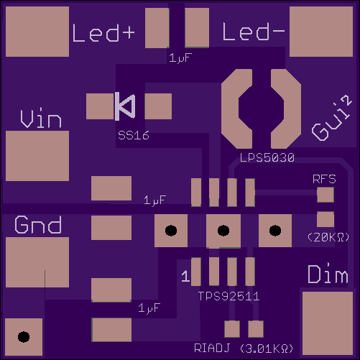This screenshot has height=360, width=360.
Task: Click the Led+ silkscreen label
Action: (x=103, y=33)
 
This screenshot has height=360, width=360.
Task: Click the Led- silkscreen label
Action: (x=254, y=32)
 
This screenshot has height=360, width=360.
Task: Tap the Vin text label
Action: (x=41, y=118)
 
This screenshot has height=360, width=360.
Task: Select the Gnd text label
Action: (x=38, y=224)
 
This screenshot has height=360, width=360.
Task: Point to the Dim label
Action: (x=328, y=274)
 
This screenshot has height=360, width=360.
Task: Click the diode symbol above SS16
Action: (x=125, y=106)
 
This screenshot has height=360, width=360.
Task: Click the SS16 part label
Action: (x=134, y=135)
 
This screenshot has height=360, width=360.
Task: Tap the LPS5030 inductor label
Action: (x=267, y=157)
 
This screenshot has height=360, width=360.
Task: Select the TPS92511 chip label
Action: (x=229, y=296)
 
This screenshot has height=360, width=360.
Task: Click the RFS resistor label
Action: (x=324, y=179)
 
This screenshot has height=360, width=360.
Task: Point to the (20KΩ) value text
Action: (x=328, y=237)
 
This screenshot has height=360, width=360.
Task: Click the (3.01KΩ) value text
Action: (x=267, y=349)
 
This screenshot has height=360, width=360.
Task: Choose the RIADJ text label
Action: (x=212, y=348)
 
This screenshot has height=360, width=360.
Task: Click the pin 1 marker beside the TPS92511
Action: (x=185, y=276)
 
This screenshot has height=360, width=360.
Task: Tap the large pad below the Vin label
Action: (x=37, y=156)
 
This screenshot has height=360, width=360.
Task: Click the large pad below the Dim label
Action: (x=328, y=323)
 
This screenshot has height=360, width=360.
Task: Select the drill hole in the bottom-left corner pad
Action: (x=24, y=337)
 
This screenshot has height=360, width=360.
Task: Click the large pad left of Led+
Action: (x=37, y=32)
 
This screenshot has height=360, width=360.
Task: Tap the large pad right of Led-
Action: (x=321, y=32)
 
